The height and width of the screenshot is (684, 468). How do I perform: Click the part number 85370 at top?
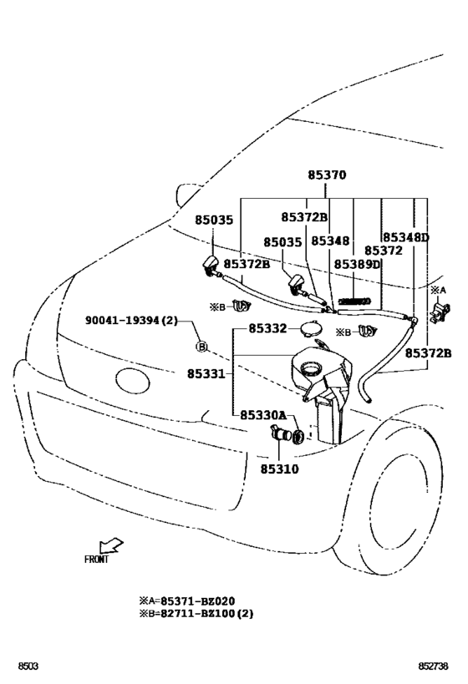[326, 176]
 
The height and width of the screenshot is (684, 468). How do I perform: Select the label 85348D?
[406, 237]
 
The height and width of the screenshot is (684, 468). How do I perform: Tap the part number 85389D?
[358, 264]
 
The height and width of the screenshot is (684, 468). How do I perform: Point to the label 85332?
[267, 329]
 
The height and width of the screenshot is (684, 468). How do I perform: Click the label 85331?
[205, 374]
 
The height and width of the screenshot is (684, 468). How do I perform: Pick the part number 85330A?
[263, 415]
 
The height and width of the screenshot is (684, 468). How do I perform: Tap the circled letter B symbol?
[201, 346]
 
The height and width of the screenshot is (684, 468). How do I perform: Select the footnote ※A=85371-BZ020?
[187, 600]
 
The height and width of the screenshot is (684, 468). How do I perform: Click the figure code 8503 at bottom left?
[29, 667]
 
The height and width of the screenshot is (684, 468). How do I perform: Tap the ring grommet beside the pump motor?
[298, 437]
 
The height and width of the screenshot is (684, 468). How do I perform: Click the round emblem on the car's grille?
[130, 381]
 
